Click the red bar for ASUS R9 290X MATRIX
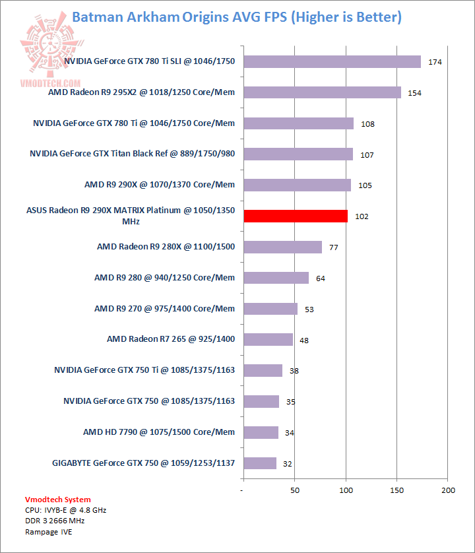(296, 216)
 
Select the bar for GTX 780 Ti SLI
(332, 61)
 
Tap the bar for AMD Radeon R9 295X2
(322, 92)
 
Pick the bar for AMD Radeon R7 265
(268, 339)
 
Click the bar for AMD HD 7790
(261, 432)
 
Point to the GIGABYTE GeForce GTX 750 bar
(259, 463)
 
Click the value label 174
(435, 62)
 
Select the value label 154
(414, 93)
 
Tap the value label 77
(333, 247)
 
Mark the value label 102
(362, 216)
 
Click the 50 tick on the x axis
(295, 490)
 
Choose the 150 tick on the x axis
(397, 490)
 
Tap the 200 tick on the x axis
(449, 490)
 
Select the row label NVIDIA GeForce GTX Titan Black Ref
(133, 154)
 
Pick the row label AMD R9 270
(164, 308)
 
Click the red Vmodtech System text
(58, 500)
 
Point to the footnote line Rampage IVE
(49, 531)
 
